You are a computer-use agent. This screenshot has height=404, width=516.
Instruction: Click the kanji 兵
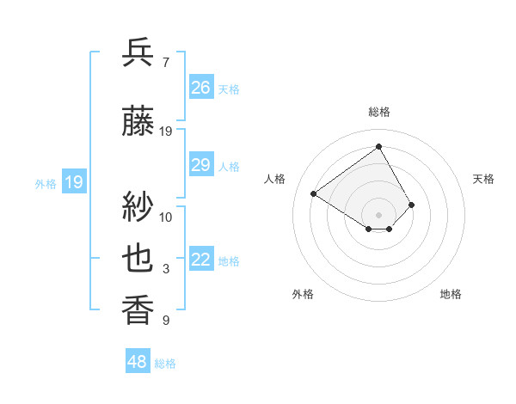pos(138,52)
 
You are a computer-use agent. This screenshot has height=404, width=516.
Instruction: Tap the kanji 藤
pos(138,122)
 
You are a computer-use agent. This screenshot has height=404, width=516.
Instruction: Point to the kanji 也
pos(138,259)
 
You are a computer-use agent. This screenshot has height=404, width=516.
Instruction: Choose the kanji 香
pos(138,310)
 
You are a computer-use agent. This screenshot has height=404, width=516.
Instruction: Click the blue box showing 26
pos(201,88)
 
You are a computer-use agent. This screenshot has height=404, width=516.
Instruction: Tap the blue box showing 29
pos(201,165)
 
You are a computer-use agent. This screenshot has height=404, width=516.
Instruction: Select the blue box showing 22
pos(201,260)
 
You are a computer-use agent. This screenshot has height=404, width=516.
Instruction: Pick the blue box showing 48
pos(138,362)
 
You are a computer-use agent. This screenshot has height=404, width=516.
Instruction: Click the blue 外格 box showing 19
pos(74,182)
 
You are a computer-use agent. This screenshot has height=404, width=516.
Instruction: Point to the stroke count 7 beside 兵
pos(165,62)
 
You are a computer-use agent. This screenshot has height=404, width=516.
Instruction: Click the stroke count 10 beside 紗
pos(166,217)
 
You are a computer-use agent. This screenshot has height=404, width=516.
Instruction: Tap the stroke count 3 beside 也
pos(165,269)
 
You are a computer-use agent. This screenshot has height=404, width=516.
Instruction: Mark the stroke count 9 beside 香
pos(165,321)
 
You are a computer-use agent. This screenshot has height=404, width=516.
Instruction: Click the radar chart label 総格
pos(379,112)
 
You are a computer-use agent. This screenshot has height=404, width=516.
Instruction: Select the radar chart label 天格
pos(484,179)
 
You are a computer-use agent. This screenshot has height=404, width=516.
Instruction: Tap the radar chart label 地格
pos(451,294)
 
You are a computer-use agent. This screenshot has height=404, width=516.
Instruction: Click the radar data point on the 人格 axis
pos(314,194)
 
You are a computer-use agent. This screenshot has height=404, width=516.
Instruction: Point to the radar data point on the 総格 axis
pos(378,145)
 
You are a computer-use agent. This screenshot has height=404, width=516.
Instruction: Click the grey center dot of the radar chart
pos(378,213)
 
